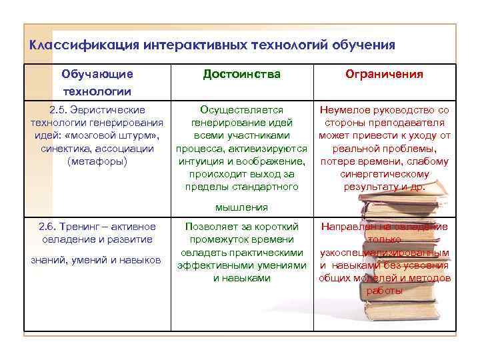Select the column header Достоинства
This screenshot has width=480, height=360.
(x=241, y=73)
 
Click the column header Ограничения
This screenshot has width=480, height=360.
(x=383, y=74)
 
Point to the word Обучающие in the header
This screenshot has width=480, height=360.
(x=97, y=74)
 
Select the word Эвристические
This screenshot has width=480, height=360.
(x=109, y=109)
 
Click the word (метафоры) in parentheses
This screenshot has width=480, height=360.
(x=97, y=161)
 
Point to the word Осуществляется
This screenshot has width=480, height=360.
(x=241, y=109)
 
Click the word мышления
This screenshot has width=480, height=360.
(x=241, y=207)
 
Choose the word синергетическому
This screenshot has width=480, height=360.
(x=384, y=174)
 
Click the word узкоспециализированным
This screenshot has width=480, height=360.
(x=384, y=252)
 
